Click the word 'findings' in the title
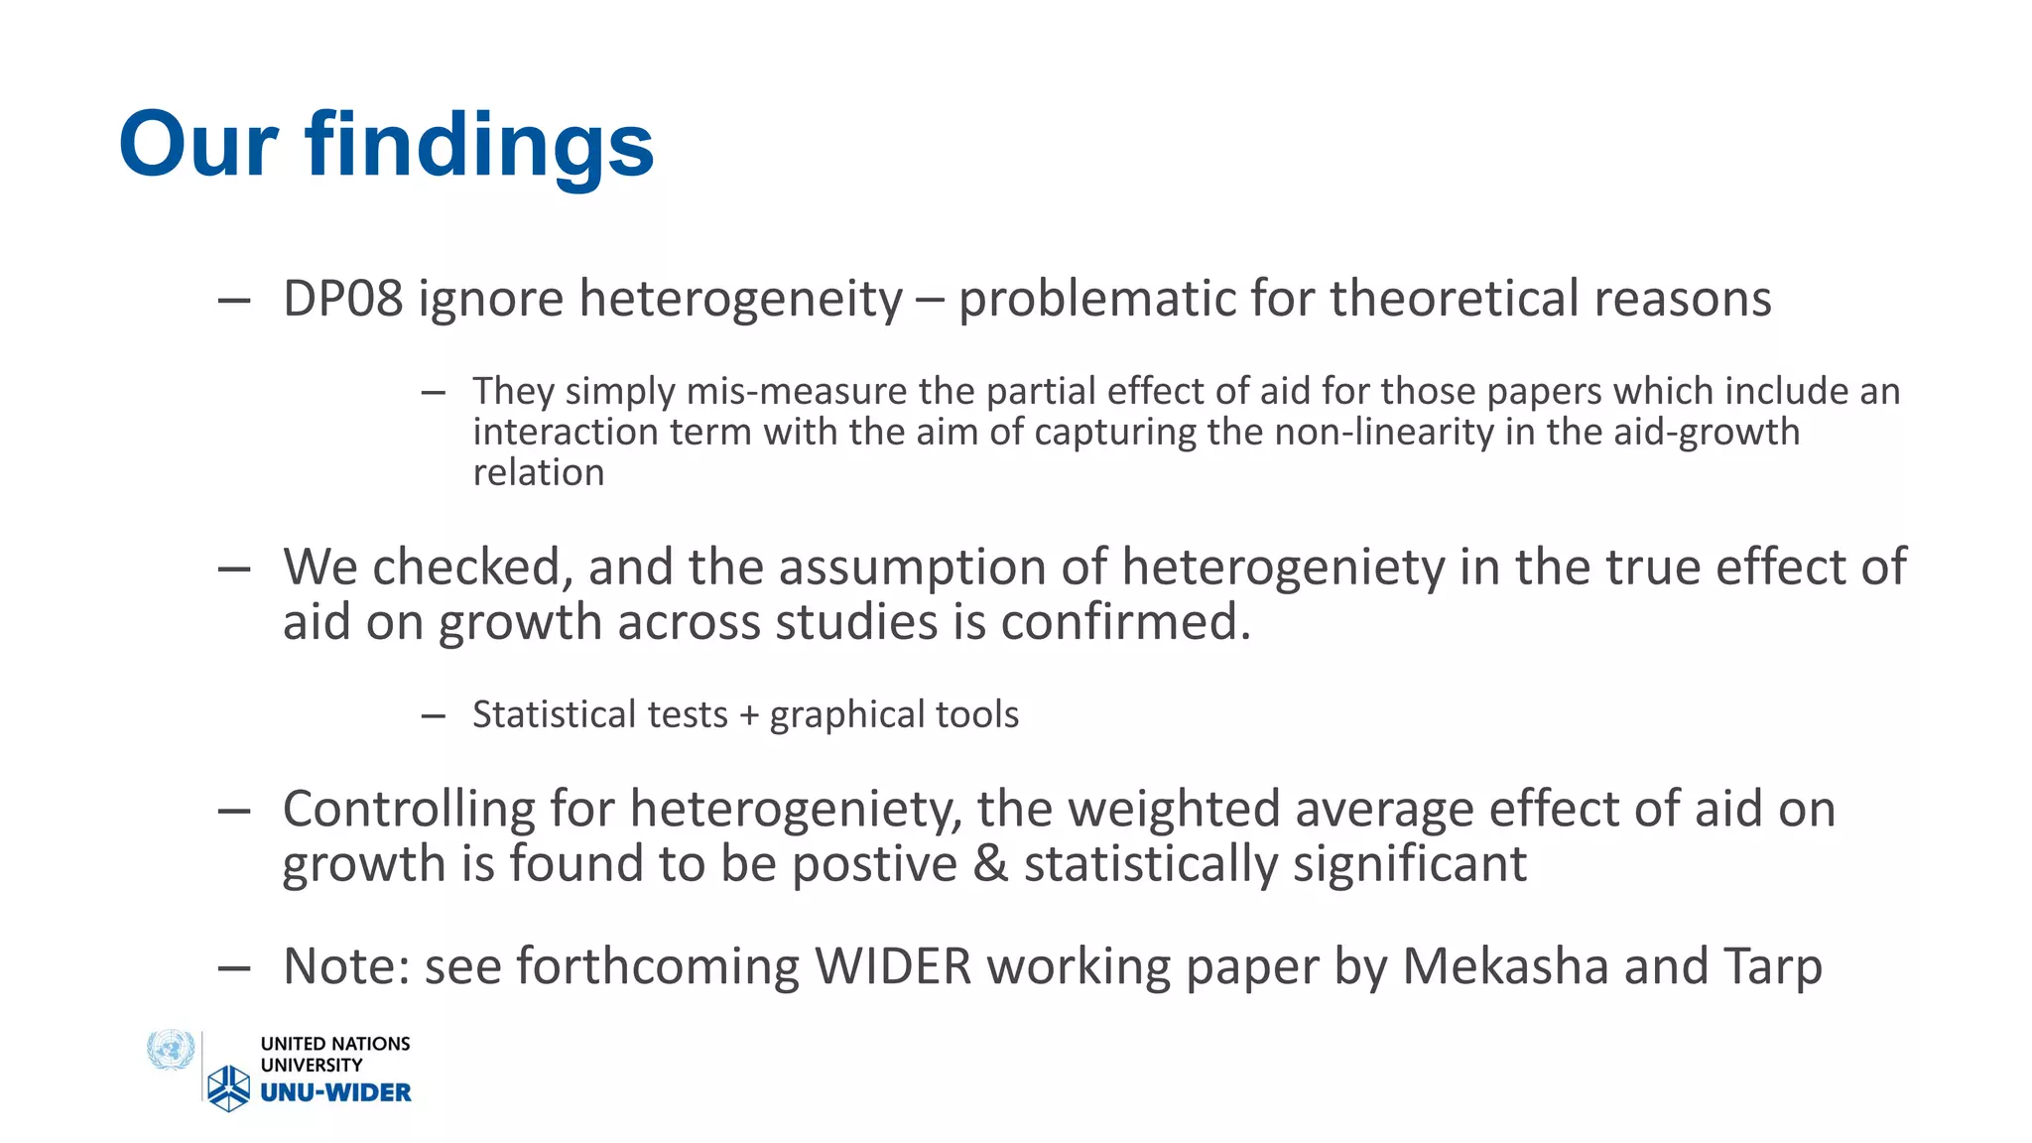(x=479, y=145)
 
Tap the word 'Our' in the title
(x=197, y=145)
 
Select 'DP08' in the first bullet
(x=342, y=299)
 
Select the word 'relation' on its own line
(x=538, y=472)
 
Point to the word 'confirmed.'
(x=1125, y=622)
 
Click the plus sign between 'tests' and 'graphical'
(x=748, y=714)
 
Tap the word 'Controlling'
(x=409, y=809)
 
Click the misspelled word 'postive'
(x=874, y=863)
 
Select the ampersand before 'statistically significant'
(x=989, y=863)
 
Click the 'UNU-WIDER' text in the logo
(x=335, y=1092)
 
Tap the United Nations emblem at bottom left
(x=171, y=1050)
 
